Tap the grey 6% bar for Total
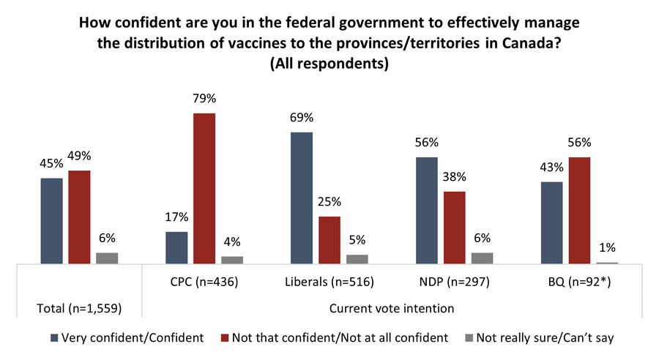point(107,258)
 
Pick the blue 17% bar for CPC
point(176,247)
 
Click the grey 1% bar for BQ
point(607,262)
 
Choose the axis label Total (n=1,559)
point(80,308)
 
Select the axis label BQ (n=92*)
point(579,280)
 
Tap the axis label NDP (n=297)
point(455,280)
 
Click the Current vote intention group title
point(392,308)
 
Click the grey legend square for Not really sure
point(469,338)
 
